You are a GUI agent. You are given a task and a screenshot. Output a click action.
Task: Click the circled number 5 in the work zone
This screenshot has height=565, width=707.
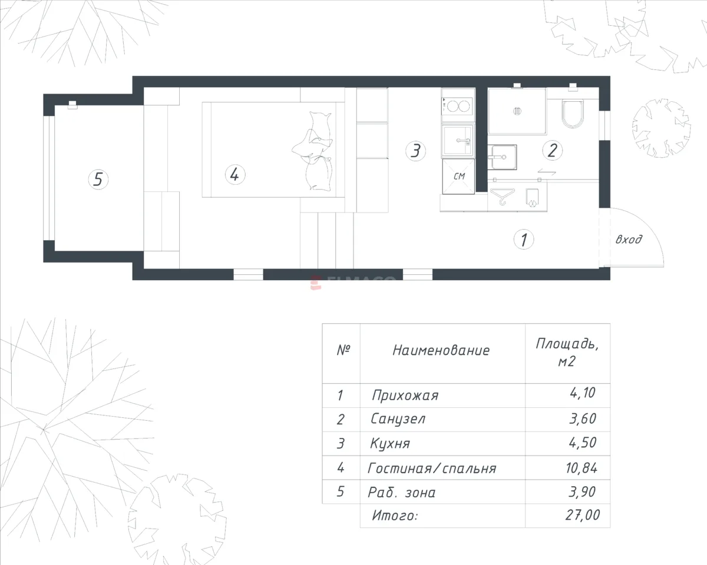98,180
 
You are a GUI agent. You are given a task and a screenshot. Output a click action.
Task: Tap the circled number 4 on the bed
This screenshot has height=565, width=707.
235,174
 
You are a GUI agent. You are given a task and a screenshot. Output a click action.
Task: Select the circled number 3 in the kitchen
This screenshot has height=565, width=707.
415,151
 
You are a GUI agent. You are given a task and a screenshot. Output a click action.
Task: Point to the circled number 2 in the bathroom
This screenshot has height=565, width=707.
553,150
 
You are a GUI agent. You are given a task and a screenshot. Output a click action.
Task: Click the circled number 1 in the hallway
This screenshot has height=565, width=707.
524,240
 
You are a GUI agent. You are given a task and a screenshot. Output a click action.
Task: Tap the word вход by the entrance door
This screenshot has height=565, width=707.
629,240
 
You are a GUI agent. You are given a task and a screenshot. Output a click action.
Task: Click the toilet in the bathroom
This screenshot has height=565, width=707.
573,114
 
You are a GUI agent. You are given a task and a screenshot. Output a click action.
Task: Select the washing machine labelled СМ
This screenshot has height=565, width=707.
458,177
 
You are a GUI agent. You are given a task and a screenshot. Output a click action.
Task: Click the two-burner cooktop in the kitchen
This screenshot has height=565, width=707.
457,107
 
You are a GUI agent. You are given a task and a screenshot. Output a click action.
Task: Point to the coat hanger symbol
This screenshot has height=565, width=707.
502,197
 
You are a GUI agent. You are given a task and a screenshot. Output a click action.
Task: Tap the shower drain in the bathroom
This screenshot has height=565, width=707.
517,111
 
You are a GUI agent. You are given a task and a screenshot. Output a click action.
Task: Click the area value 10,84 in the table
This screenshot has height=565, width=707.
581,468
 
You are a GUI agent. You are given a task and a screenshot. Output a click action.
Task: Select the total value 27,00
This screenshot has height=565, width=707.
583,515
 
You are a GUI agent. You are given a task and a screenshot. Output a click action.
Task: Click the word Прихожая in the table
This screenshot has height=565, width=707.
405,395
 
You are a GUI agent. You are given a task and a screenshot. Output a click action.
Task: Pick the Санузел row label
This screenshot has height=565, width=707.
398,419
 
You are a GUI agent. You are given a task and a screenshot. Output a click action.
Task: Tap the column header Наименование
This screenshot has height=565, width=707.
441,351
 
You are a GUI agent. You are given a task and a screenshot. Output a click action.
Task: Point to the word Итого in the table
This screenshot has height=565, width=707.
395,516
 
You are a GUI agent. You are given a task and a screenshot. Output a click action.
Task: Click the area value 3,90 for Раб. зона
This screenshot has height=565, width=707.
582,492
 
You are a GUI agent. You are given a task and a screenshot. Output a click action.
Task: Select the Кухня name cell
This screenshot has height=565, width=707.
390,444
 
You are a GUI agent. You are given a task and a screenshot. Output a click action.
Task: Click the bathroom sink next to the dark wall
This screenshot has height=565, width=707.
502,157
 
